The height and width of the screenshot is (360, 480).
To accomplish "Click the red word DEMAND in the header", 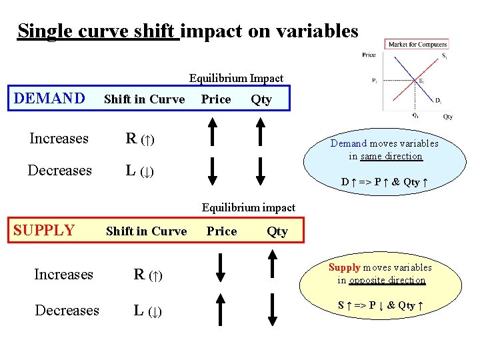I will click(49, 99).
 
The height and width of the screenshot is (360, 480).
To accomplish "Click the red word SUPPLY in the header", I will click(44, 231).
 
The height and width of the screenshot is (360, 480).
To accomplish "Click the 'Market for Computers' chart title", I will click(418, 45).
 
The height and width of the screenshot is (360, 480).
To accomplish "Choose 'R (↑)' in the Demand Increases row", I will click(140, 139).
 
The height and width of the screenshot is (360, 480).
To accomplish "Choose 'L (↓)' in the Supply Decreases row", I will click(147, 311).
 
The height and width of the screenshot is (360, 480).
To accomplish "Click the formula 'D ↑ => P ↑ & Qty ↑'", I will click(384, 182).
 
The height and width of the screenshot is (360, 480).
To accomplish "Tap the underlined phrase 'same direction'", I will click(391, 156).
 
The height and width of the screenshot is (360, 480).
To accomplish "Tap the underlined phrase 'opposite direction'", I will click(392, 280).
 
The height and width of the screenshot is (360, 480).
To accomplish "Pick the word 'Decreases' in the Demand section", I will click(59, 171).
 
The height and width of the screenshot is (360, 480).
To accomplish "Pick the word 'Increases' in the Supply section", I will click(63, 275).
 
